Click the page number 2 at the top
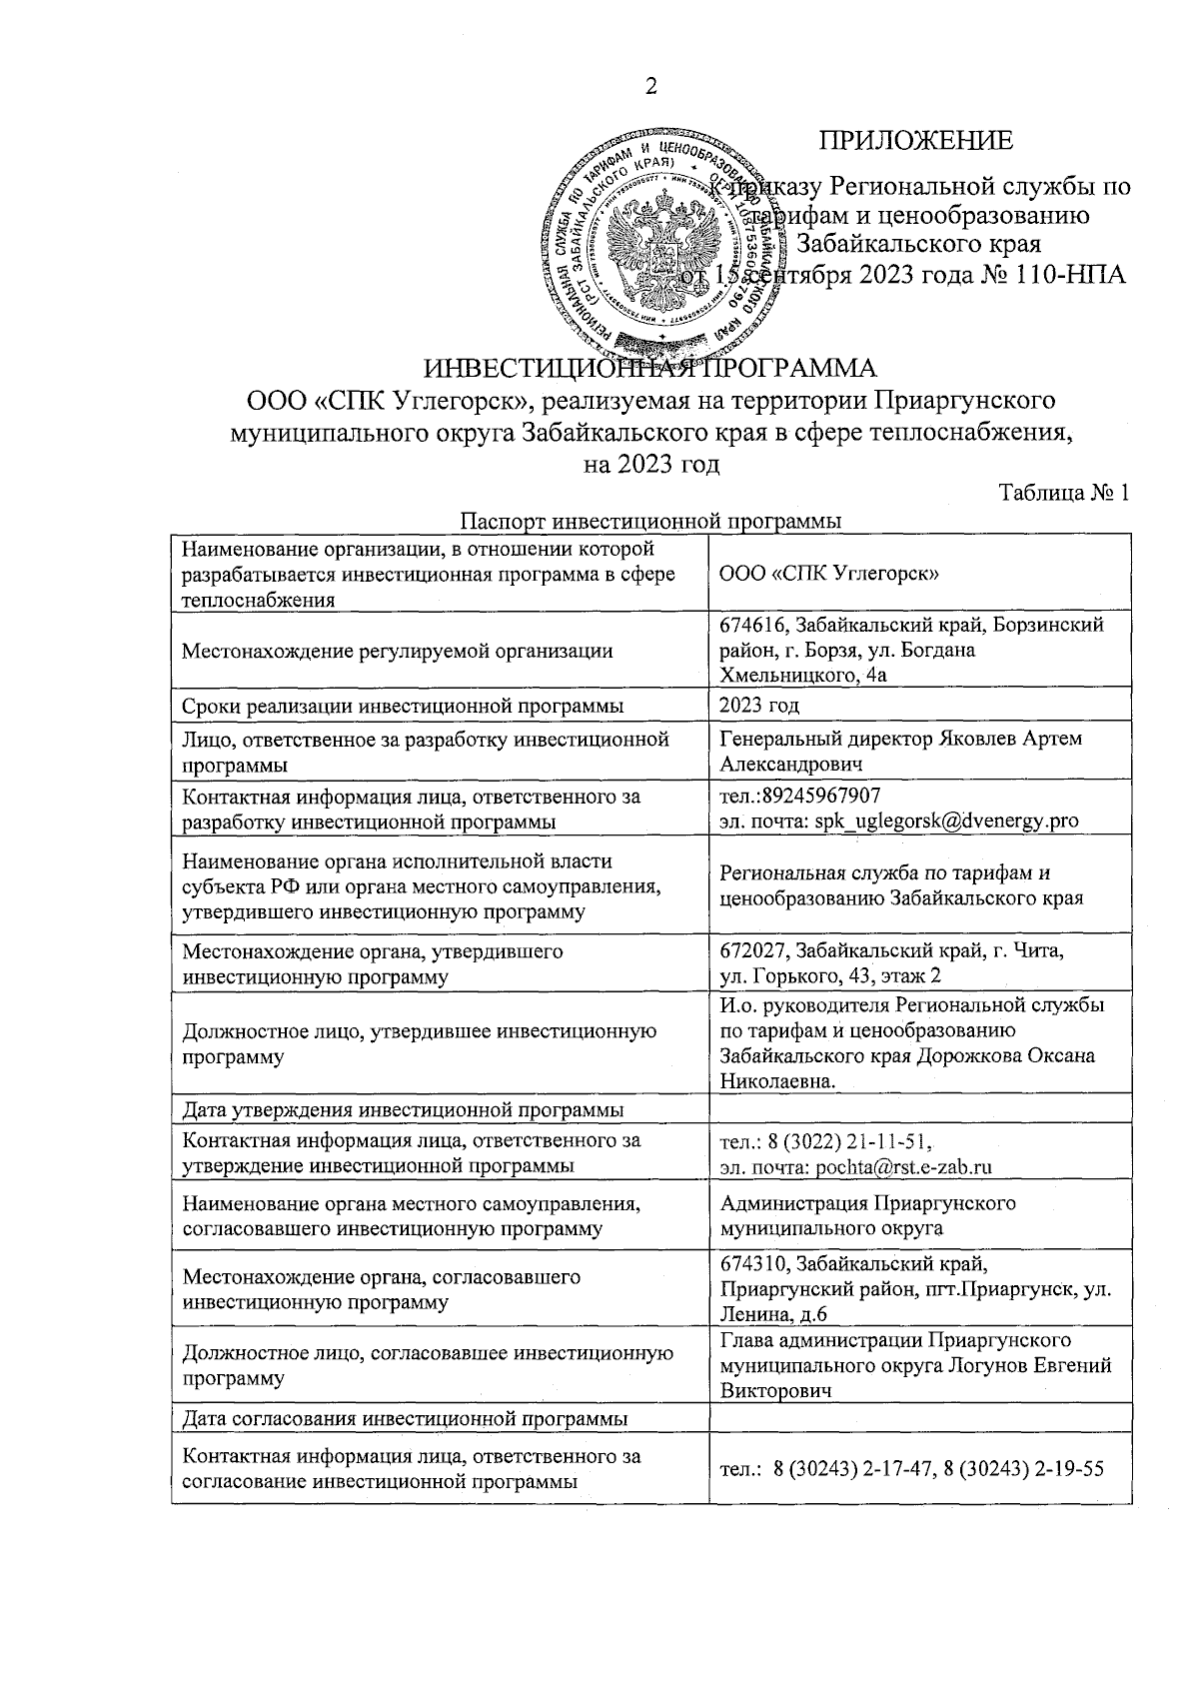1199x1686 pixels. coord(650,87)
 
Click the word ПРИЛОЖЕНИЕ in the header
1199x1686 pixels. coord(916,141)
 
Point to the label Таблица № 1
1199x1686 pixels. coord(1064,493)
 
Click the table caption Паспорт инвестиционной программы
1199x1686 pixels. coord(650,521)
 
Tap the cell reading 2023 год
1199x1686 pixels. coord(759,706)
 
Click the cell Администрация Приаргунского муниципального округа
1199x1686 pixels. coord(867,1214)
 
